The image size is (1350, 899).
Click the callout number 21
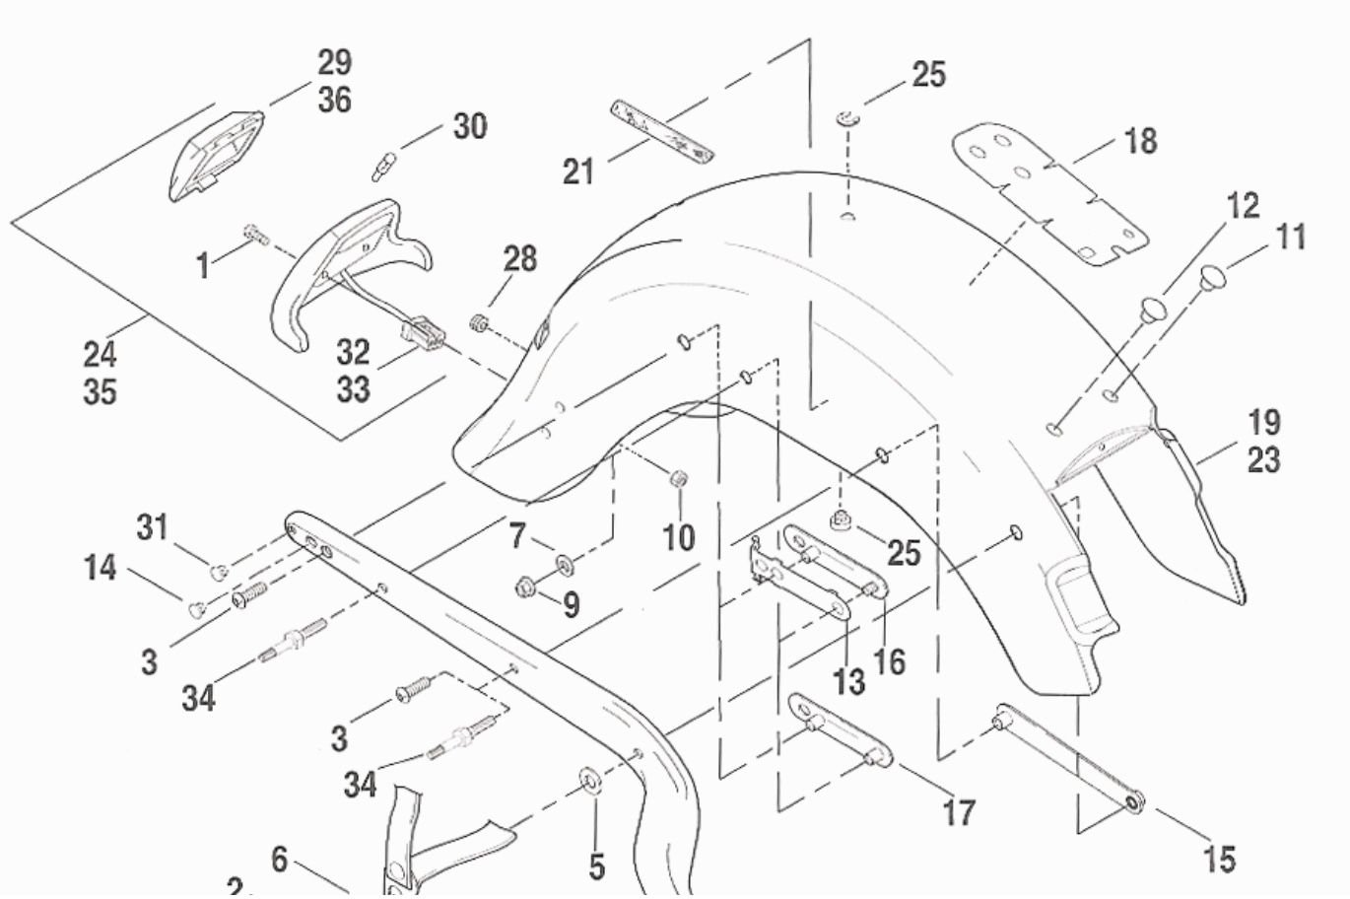click(x=578, y=172)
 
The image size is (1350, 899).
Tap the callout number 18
click(x=1140, y=141)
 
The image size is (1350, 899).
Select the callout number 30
click(x=469, y=126)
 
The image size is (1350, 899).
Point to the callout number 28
click(x=519, y=259)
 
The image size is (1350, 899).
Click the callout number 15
click(x=1218, y=859)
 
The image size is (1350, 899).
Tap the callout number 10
click(x=678, y=537)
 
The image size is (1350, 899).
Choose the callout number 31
click(x=152, y=528)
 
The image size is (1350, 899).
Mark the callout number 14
click(x=100, y=569)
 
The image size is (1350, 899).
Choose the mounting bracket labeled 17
click(x=840, y=731)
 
